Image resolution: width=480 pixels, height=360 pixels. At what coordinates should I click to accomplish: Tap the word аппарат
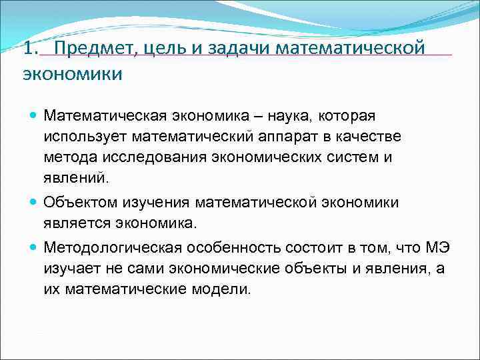(290, 137)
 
